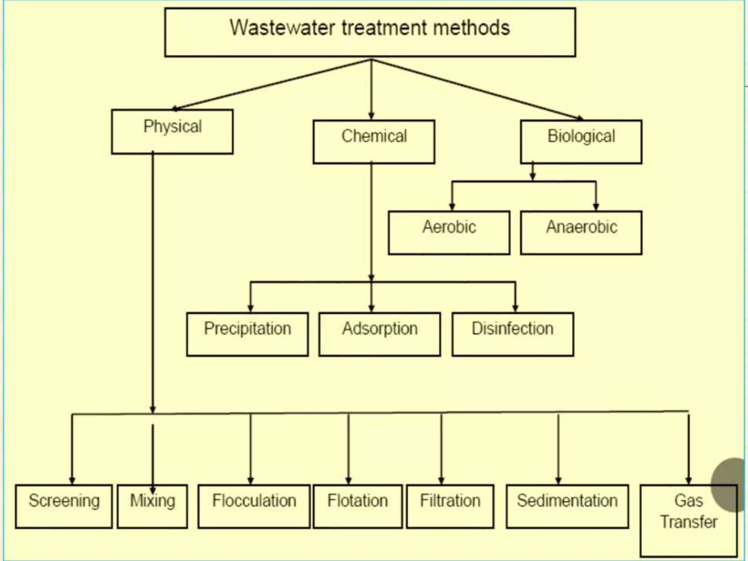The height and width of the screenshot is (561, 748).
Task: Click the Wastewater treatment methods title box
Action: [370, 32]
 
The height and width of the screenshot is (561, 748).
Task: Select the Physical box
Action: [172, 131]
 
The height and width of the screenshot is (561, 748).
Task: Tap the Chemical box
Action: [374, 142]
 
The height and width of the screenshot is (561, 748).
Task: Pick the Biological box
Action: [581, 142]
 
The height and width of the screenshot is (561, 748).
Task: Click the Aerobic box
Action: [449, 233]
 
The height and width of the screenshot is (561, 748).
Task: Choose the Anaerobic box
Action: [581, 233]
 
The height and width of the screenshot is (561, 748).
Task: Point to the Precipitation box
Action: [247, 334]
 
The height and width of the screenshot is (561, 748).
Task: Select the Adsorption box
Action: [379, 334]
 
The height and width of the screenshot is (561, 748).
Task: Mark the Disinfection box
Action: [512, 334]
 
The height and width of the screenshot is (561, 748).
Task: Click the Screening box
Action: [64, 506]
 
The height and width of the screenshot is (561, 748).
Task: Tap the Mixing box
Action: [152, 506]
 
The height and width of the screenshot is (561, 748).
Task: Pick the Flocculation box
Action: [254, 506]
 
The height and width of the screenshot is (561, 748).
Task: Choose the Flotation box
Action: [358, 506]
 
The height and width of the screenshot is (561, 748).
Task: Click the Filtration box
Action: [450, 506]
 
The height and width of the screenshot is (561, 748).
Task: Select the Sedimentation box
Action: [567, 506]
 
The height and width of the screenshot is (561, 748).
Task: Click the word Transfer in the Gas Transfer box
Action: [688, 522]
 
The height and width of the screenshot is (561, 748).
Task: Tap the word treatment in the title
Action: [385, 28]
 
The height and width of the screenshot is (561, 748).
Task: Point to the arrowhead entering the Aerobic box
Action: [452, 207]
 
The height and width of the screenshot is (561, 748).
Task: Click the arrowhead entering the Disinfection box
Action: [515, 308]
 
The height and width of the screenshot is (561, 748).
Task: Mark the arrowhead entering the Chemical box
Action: [371, 116]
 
